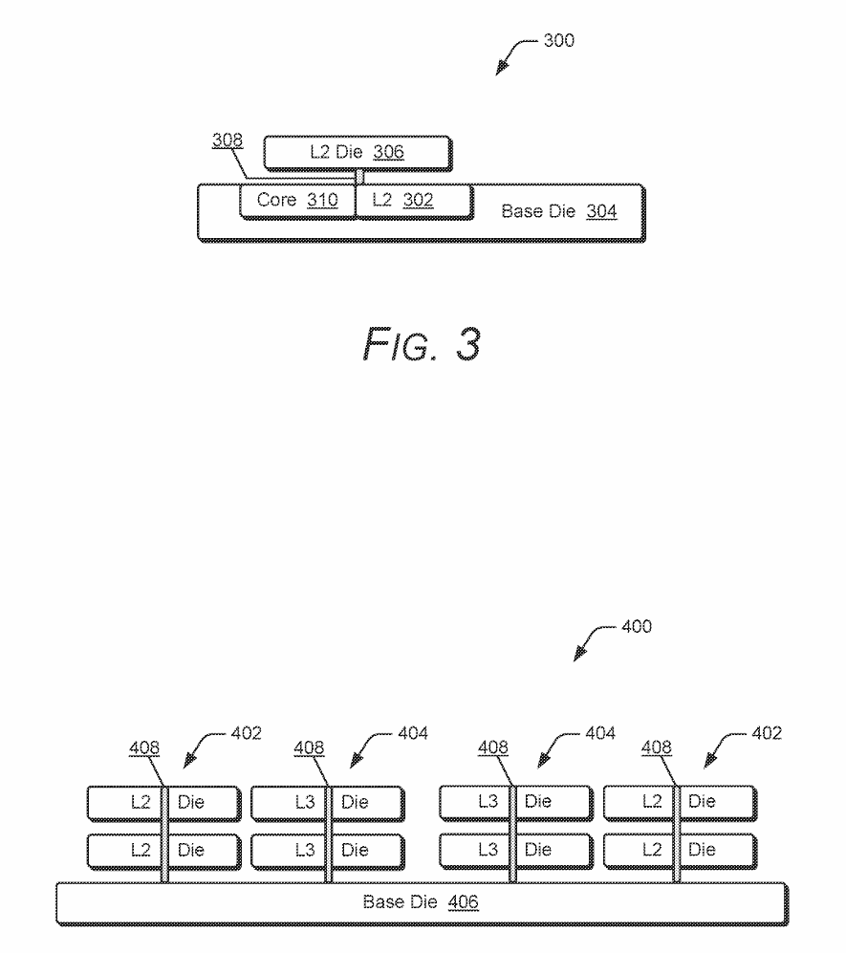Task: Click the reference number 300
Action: click(x=558, y=41)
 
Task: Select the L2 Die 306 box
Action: click(x=356, y=152)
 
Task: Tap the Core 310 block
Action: click(x=297, y=202)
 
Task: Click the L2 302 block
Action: click(x=414, y=202)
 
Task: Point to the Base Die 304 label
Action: click(x=558, y=212)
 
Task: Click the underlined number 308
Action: click(x=228, y=141)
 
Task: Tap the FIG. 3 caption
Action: click(x=422, y=345)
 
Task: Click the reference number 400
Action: click(x=636, y=627)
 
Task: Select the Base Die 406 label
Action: click(x=421, y=902)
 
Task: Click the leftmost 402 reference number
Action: click(x=246, y=733)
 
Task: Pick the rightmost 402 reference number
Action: click(x=766, y=733)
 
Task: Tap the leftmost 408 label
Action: click(x=144, y=747)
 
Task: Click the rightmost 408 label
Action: click(x=656, y=747)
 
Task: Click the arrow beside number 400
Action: click(x=591, y=643)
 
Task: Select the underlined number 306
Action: click(x=388, y=152)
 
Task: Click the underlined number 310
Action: click(x=322, y=202)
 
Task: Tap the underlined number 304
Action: click(x=601, y=212)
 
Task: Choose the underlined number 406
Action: click(x=464, y=902)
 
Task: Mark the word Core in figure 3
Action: click(x=276, y=202)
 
